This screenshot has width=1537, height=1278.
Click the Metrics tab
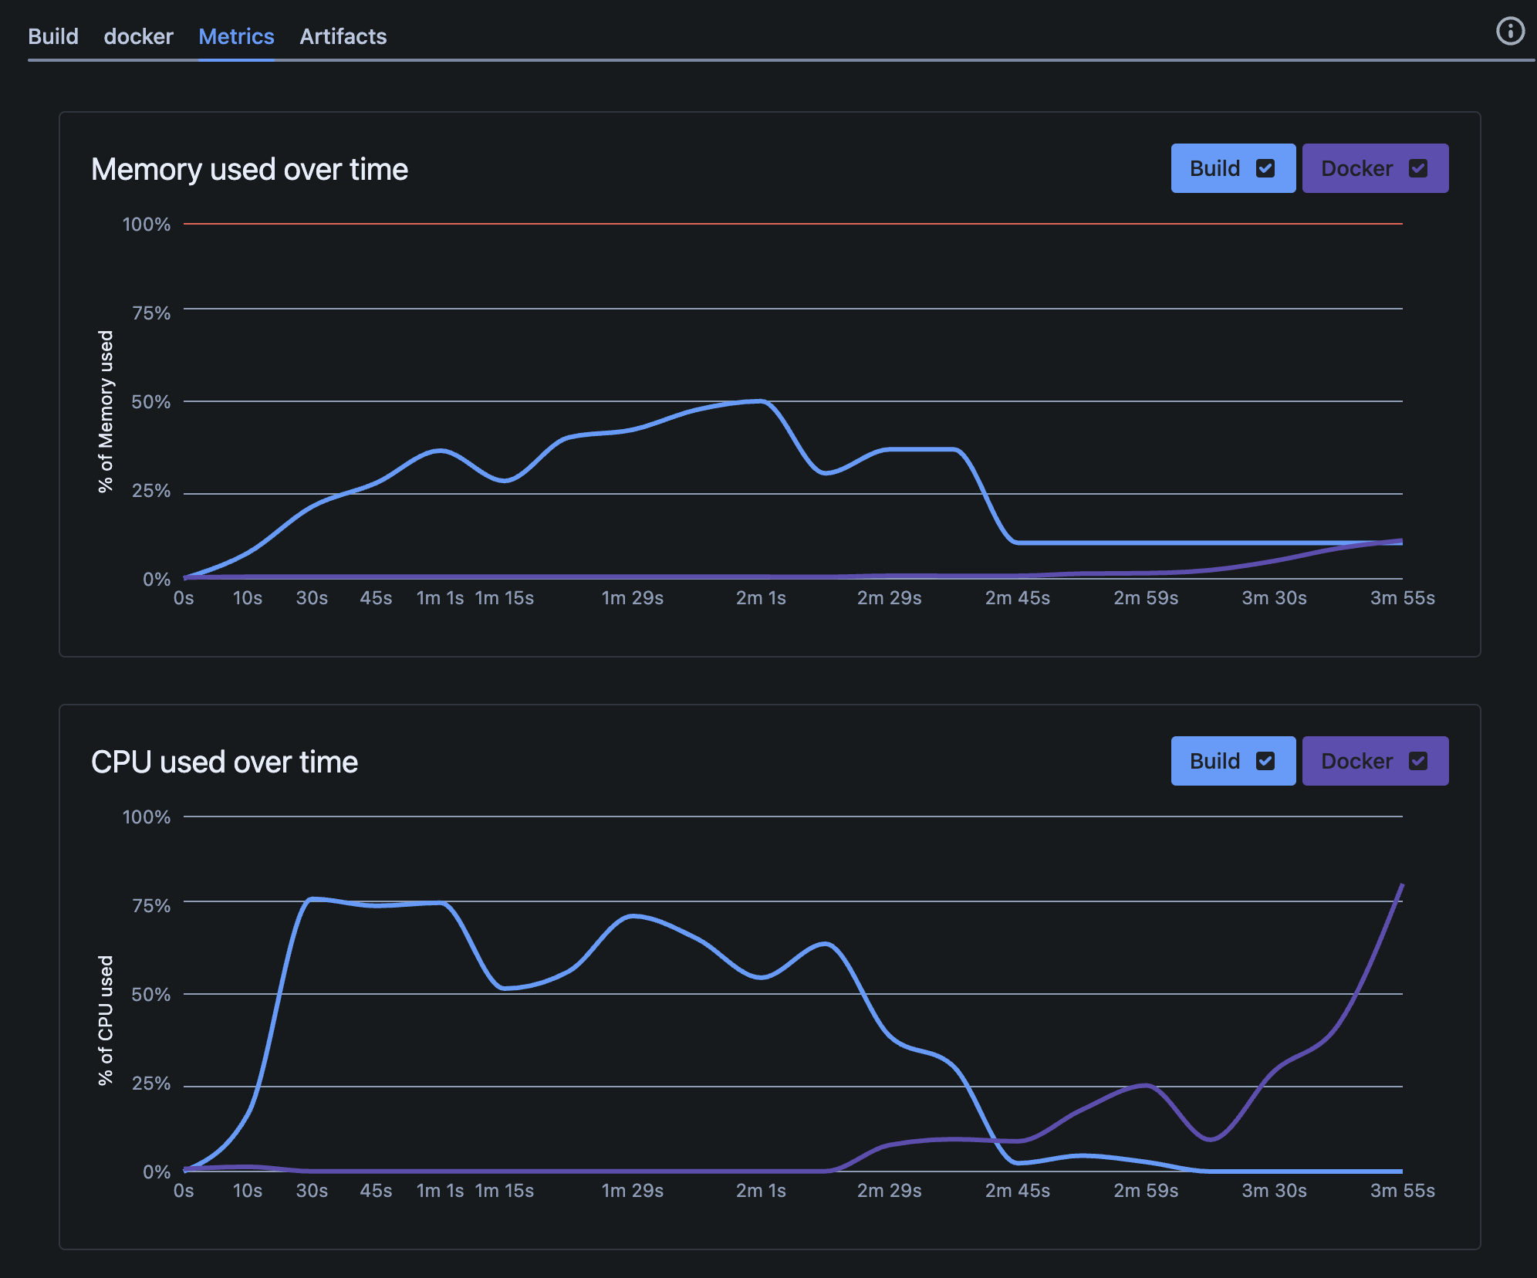236,36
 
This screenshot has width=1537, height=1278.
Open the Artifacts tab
343,36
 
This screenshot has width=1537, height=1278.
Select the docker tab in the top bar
138,36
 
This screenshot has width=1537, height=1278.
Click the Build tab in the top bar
53,36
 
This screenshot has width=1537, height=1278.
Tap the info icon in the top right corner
1510,32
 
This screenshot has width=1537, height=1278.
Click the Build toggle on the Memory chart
1232,168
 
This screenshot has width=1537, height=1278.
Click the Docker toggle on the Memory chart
1374,168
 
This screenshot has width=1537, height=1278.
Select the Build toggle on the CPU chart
1232,761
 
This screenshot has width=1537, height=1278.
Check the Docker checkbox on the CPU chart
1417,761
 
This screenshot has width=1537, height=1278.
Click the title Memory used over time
249,169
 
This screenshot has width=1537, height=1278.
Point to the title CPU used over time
225,762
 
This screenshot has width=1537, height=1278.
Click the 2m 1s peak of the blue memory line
761,401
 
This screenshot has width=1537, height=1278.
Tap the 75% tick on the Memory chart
151,313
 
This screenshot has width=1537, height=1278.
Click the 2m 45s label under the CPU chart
1017,1191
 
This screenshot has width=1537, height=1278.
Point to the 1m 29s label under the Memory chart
632,598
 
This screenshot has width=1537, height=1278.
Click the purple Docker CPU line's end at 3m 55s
1401,885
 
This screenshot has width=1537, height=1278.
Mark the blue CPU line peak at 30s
312,899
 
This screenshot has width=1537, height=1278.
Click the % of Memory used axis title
106,411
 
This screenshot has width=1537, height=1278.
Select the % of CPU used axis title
106,1020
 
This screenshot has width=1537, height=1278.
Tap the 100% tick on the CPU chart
147,816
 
